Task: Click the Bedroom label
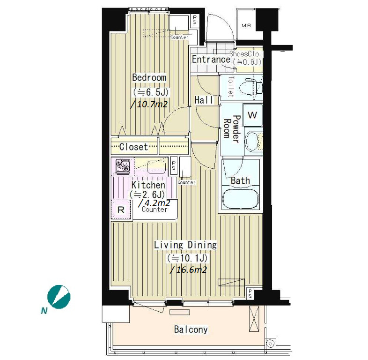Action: click(149, 77)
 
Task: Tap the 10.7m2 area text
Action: click(149, 104)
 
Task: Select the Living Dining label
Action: click(185, 245)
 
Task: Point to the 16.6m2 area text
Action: click(189, 270)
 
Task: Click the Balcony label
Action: click(191, 330)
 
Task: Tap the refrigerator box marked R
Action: click(121, 210)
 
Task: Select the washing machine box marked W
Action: click(252, 115)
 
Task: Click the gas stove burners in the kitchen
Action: click(123, 166)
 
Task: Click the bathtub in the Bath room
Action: click(241, 199)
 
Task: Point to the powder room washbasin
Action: click(251, 141)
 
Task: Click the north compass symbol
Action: click(59, 297)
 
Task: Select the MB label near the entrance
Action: click(246, 25)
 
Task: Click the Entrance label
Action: click(211, 59)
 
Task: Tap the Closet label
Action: click(133, 147)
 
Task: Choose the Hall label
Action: click(204, 100)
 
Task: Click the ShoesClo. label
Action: click(245, 54)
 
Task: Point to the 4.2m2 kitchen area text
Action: click(154, 202)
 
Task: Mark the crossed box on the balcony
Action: click(254, 319)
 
